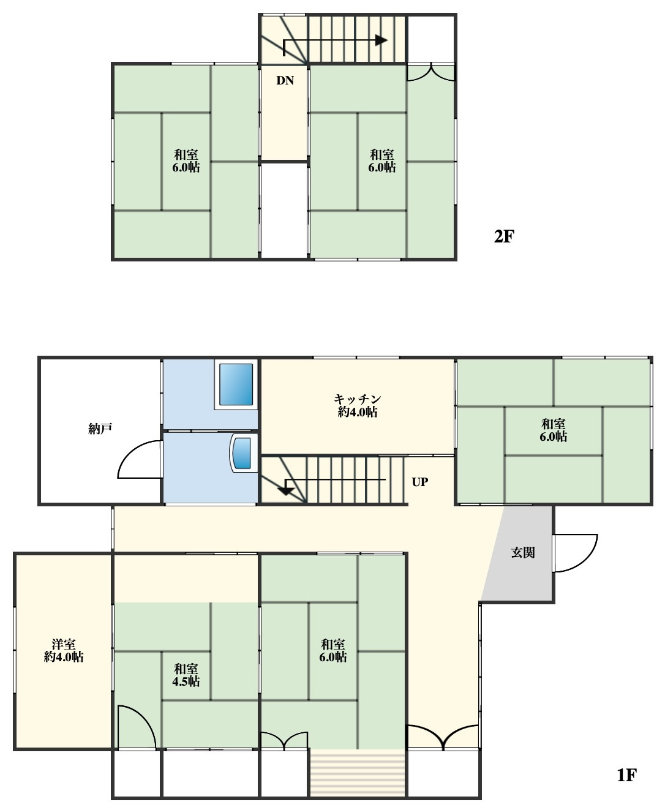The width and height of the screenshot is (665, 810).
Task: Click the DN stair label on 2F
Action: [285, 80]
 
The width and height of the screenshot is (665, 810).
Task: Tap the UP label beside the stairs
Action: [419, 482]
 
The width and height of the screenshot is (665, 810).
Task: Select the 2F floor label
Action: [503, 236]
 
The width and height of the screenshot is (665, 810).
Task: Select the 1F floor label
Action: [626, 776]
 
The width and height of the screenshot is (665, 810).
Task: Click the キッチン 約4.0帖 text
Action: [357, 405]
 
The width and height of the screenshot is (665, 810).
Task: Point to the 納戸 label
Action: [100, 429]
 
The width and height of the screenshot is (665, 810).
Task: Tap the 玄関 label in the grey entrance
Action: [523, 552]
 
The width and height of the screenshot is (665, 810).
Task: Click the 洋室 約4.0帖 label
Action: [64, 650]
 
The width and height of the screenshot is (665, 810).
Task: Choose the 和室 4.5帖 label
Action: [186, 675]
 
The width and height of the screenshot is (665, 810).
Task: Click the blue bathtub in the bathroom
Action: [236, 384]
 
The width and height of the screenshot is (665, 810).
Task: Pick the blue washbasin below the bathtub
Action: [243, 453]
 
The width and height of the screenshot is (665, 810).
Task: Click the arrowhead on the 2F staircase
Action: [381, 40]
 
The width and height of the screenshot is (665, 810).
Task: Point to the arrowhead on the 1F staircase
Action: [286, 491]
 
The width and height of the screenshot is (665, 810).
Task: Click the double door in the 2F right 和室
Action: [430, 73]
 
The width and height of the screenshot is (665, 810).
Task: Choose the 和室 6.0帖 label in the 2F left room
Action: [186, 161]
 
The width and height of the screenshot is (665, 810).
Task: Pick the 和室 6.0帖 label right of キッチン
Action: [553, 430]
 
